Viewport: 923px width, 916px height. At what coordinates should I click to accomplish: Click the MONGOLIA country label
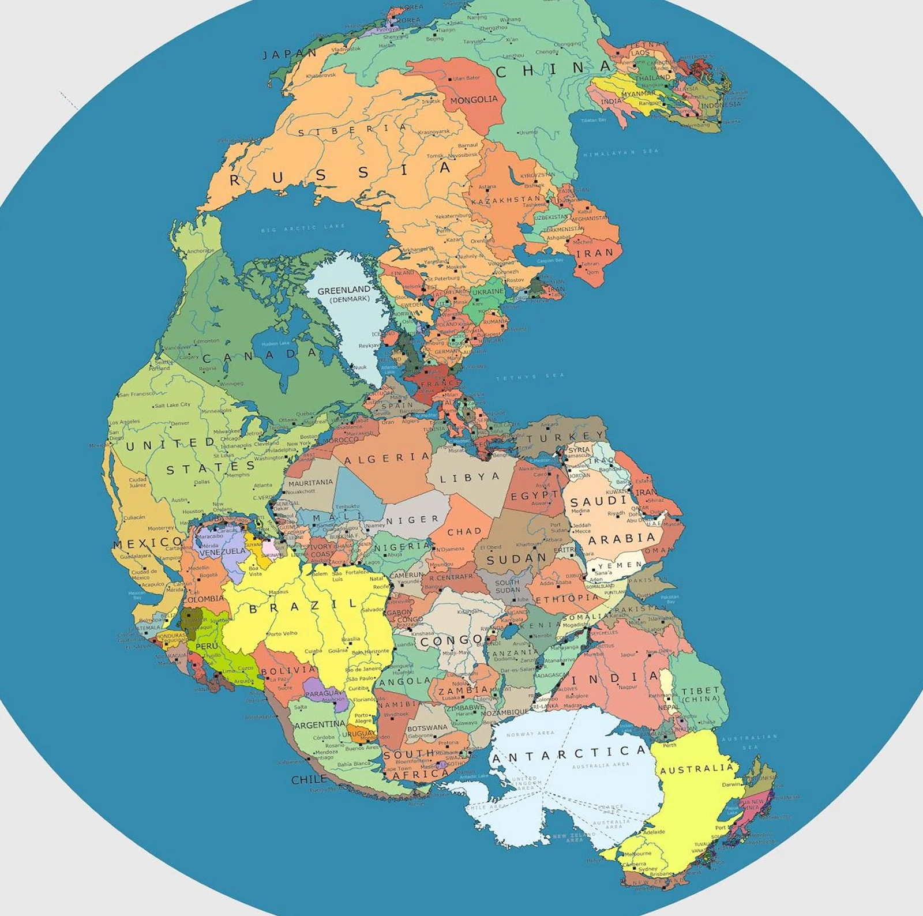point(474,100)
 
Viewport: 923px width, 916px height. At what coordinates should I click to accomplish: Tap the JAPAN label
point(290,54)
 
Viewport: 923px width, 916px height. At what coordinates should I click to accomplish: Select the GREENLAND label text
point(344,290)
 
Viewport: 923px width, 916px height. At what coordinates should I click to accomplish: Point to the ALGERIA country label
point(387,459)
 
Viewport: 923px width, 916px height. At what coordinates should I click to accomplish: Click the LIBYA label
point(470,478)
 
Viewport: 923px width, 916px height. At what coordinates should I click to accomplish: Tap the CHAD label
point(464,531)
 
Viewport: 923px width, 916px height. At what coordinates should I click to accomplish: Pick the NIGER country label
point(412,520)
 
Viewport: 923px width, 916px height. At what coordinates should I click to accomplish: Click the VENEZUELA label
point(223,552)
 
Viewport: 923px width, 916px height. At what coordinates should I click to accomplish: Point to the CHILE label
point(309,779)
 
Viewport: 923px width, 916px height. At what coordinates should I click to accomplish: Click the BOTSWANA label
point(427,728)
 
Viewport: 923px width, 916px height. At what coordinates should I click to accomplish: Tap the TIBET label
point(701,690)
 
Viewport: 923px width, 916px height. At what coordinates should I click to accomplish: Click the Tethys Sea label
point(530,377)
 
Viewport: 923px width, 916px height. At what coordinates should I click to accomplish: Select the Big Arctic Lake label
point(303,228)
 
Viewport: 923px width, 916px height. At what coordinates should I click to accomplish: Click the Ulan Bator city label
point(466,78)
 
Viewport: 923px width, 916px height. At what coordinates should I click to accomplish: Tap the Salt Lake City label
point(172,405)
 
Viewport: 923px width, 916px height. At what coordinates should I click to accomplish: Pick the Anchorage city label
point(200,251)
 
